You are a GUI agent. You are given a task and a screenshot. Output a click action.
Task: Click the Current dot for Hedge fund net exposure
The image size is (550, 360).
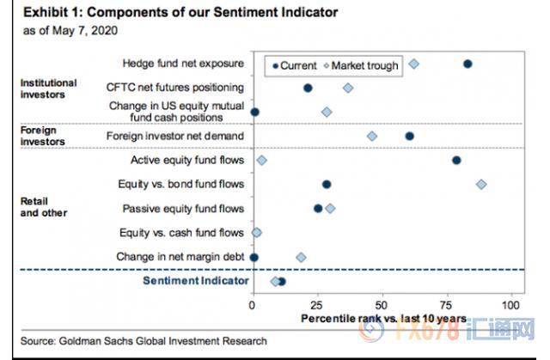[x=467, y=64]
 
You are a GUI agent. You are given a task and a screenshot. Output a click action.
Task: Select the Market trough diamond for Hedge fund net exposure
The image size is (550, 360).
[x=414, y=64]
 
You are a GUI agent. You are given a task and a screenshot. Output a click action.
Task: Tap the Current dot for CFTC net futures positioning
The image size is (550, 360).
[x=308, y=88]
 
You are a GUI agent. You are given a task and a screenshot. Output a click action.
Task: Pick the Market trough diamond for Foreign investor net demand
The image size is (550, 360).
[x=372, y=136]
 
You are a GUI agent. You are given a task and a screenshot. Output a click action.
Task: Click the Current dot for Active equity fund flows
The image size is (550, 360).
[x=456, y=160]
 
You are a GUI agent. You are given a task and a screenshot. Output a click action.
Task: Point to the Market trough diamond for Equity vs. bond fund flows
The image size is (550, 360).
[x=481, y=184]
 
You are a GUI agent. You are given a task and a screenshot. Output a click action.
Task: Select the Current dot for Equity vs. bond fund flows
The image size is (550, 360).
[x=327, y=184]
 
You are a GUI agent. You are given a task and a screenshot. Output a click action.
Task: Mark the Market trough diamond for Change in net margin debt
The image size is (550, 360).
[x=301, y=257]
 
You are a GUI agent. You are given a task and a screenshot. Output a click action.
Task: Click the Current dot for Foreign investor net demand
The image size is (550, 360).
[x=409, y=136]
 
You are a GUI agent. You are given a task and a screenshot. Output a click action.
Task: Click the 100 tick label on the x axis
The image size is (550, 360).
[x=513, y=304]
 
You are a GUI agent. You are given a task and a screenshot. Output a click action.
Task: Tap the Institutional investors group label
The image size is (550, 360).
[x=48, y=88]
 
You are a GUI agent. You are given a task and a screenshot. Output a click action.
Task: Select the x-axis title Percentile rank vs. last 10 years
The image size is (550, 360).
[x=383, y=319]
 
